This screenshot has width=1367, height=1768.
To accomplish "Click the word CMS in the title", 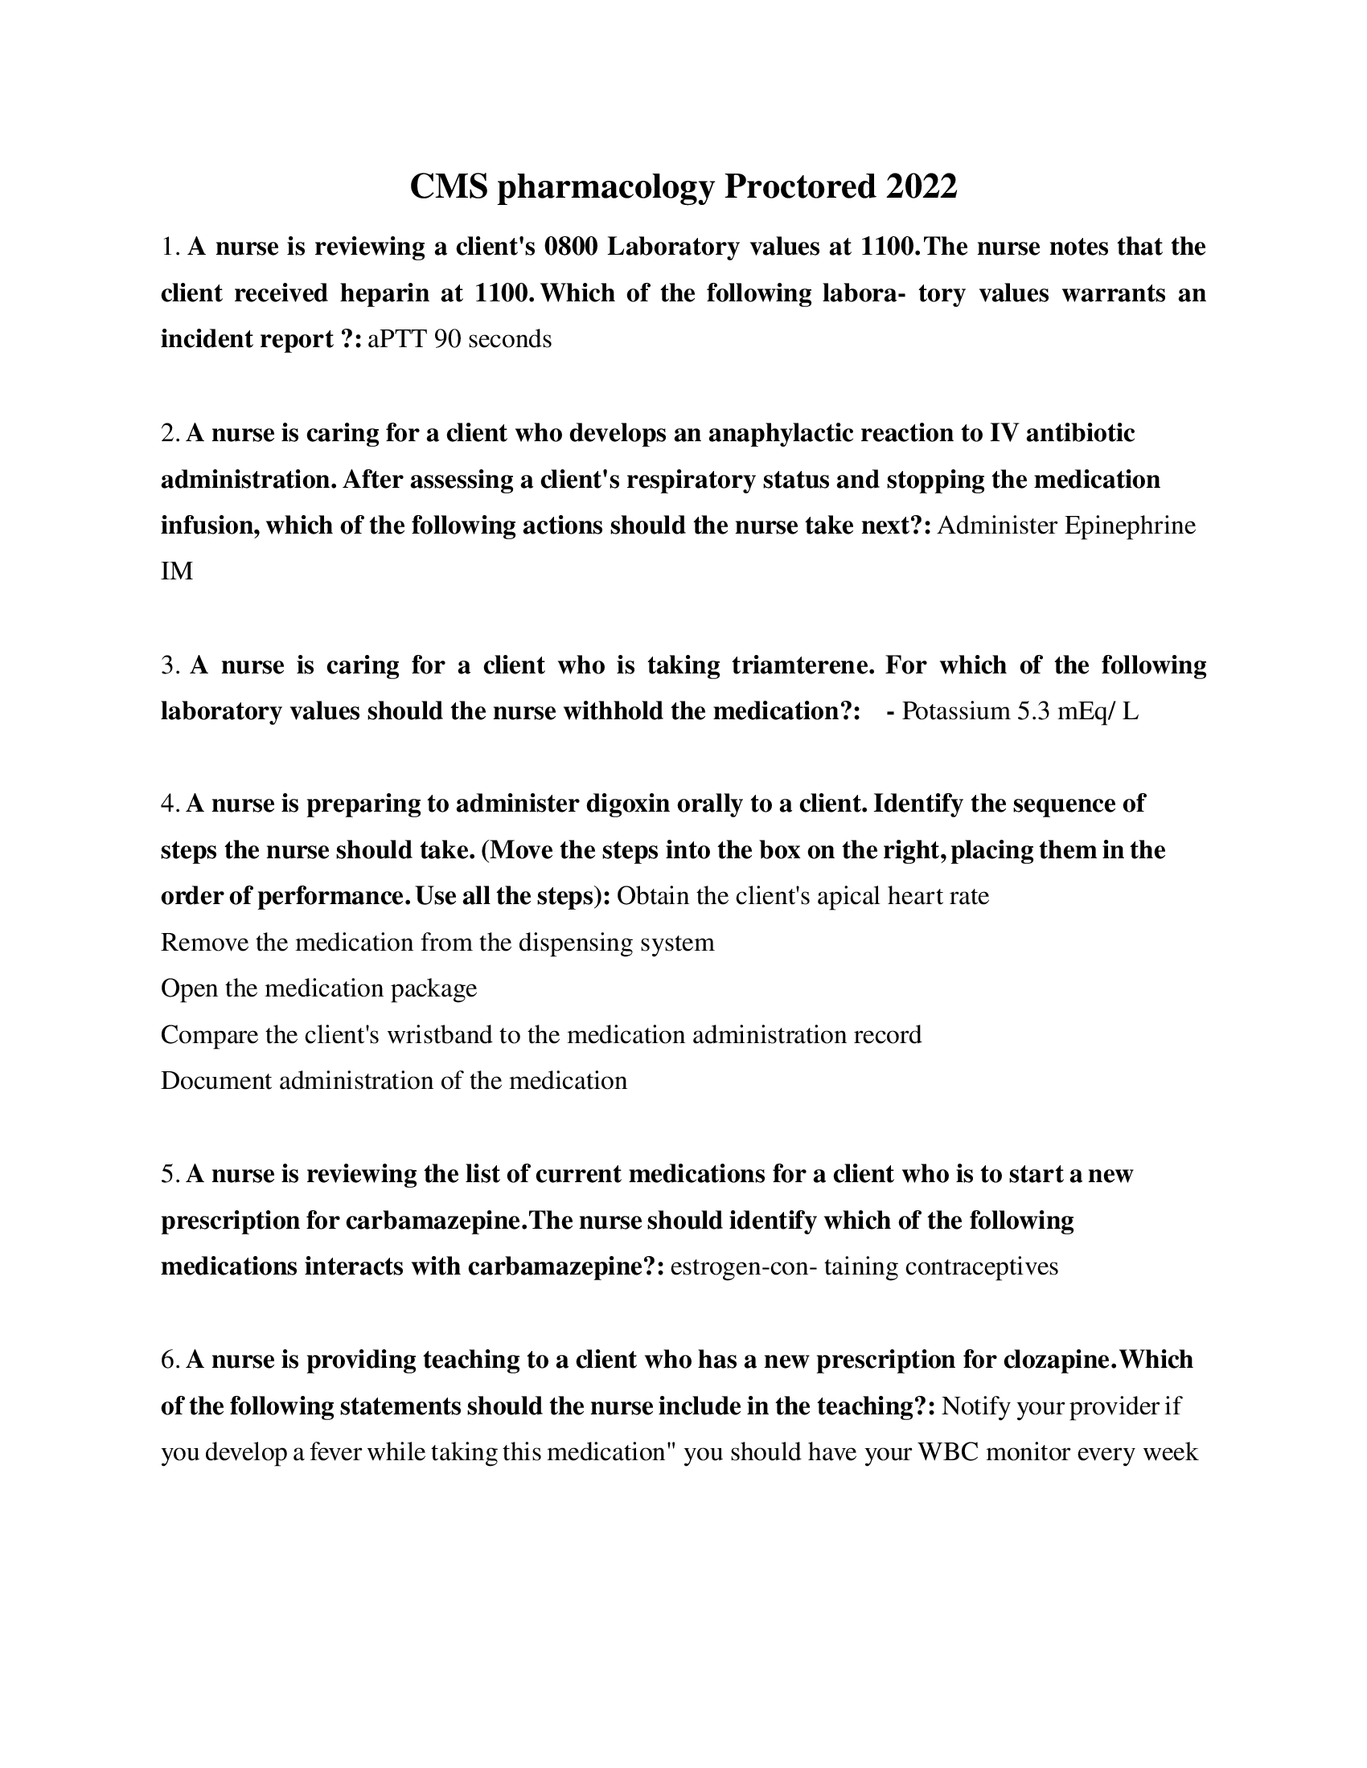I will (x=449, y=186).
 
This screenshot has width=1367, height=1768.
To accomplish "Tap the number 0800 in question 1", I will (x=571, y=246).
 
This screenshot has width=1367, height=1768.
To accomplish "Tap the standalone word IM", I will (x=177, y=571).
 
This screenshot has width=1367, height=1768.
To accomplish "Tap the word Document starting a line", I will (x=216, y=1081).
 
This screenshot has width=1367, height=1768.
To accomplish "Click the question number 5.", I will (x=168, y=1174).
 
